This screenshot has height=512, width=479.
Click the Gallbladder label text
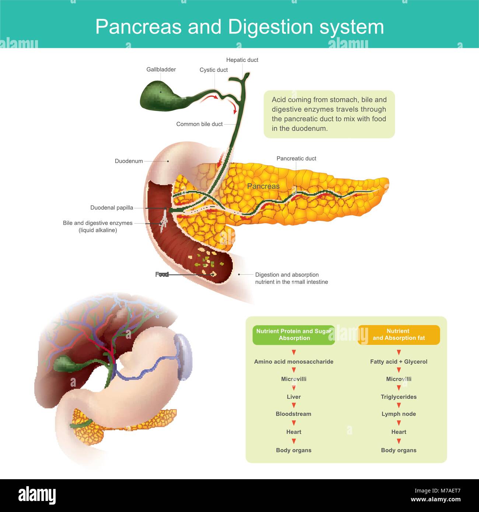pyautogui.click(x=161, y=70)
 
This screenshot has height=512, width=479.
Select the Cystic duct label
pyautogui.click(x=213, y=70)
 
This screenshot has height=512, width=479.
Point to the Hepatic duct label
pyautogui.click(x=242, y=60)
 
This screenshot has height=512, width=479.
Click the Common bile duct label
pyautogui.click(x=199, y=124)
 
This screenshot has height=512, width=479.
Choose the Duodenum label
pyautogui.click(x=129, y=161)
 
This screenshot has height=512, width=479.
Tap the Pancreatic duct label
pyautogui.click(x=296, y=159)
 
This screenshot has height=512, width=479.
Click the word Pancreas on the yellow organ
pyautogui.click(x=263, y=186)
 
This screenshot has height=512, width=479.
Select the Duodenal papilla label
pyautogui.click(x=112, y=208)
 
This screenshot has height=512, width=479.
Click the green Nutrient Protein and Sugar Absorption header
pyautogui.click(x=294, y=335)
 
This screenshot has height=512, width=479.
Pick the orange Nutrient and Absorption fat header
pyautogui.click(x=399, y=335)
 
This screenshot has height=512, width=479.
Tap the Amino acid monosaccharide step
pyautogui.click(x=294, y=362)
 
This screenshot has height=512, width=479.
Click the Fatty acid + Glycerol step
pyautogui.click(x=399, y=362)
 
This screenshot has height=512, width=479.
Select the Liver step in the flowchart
pyautogui.click(x=294, y=397)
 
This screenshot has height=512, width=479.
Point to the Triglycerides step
pyautogui.click(x=399, y=397)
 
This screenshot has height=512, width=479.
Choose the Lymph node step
pyautogui.click(x=399, y=414)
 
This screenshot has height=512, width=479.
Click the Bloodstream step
pyautogui.click(x=294, y=414)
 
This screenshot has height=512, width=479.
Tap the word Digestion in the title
pyautogui.click(x=271, y=27)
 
